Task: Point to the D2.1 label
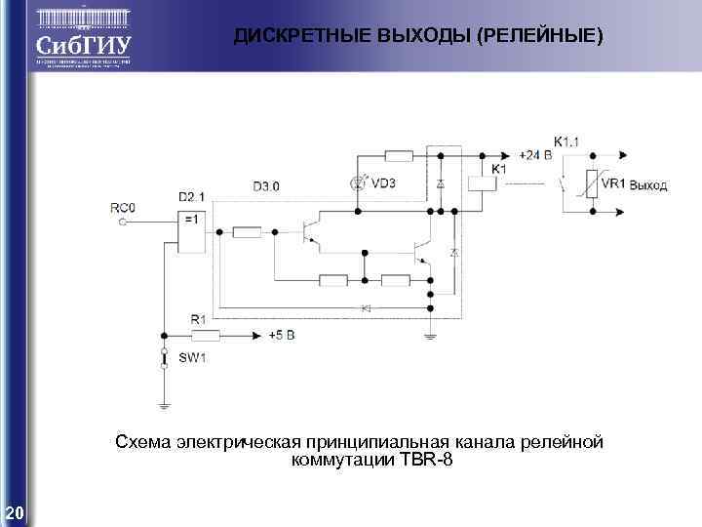pos(191,196)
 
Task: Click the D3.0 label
pos(265,185)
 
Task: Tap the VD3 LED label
pos(384,182)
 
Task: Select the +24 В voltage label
pos(535,155)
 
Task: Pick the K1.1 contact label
pos(566,142)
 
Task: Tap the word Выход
pos(648,185)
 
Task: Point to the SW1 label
pos(191,358)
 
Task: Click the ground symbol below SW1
pos(164,403)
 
